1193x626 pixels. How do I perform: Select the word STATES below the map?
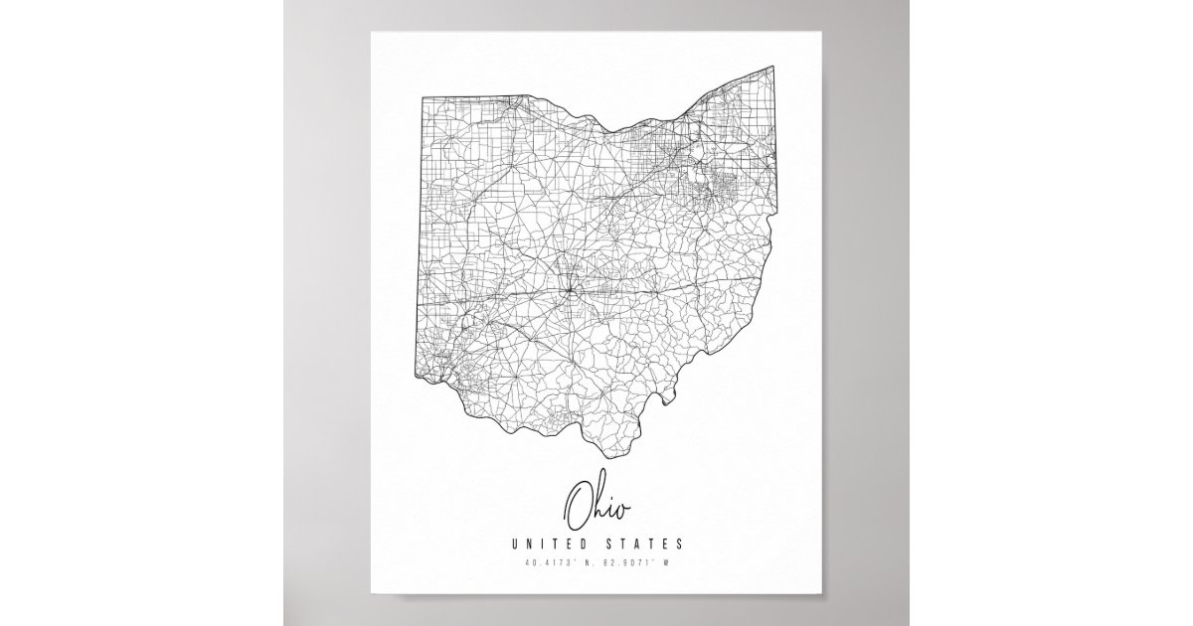647,544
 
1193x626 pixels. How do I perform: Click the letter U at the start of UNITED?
514,544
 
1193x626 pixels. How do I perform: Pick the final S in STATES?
679,544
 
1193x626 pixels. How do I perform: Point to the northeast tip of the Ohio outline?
773,67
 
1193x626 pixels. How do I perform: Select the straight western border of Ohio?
418,238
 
